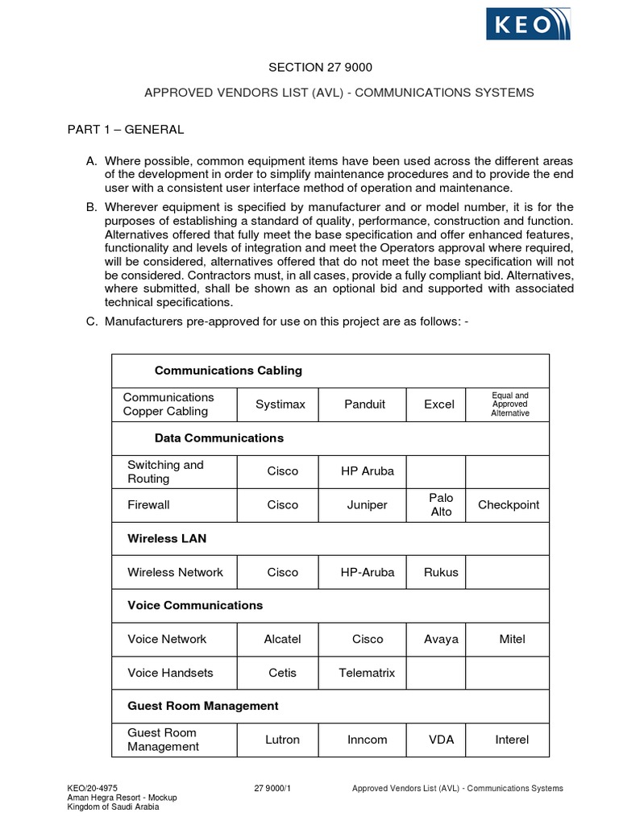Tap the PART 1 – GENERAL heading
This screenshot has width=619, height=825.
[124, 129]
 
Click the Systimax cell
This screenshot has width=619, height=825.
[280, 404]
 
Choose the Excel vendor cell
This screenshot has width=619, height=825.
[439, 404]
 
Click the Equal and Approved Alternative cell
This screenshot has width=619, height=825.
[510, 404]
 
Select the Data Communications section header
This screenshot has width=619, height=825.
[219, 438]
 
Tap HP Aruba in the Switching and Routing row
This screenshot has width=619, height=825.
[367, 471]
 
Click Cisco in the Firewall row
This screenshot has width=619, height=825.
[282, 505]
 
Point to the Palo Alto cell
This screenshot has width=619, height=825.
[441, 505]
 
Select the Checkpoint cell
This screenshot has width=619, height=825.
[509, 505]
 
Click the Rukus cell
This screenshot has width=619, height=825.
[441, 573]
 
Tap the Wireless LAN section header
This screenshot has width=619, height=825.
[167, 538]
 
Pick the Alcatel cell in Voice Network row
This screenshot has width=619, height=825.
[282, 639]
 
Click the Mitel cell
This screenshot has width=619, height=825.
[512, 639]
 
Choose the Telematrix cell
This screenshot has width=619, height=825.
[367, 673]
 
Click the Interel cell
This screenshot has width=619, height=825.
[512, 740]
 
